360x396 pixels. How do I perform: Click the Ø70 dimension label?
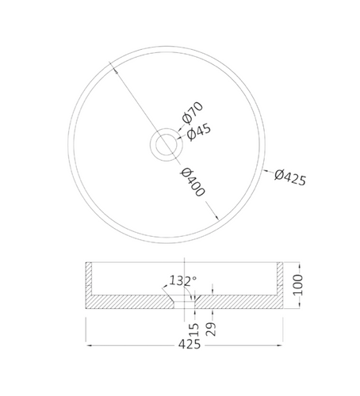193,112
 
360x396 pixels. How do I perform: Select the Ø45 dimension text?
199,131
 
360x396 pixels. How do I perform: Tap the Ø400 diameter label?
193,182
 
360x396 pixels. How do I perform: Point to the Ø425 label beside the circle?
290,177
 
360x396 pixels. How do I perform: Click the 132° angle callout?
183,280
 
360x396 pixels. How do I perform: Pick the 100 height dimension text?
298,284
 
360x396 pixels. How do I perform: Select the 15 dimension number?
194,329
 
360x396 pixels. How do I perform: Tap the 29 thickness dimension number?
211,329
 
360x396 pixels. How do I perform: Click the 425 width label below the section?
190,345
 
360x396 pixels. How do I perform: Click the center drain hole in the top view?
167,144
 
